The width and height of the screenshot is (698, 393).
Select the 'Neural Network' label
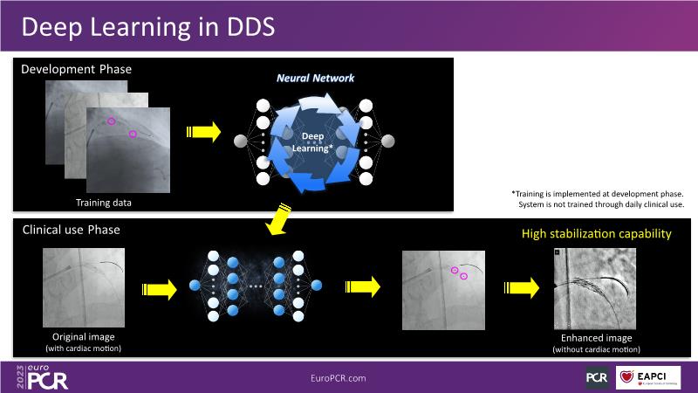point(316,79)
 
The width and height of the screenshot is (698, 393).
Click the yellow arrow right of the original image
point(156,286)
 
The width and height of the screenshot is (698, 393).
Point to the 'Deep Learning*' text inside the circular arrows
point(316,143)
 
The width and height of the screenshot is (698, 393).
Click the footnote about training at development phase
point(597,198)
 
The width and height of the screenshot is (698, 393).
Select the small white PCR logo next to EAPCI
point(597,377)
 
